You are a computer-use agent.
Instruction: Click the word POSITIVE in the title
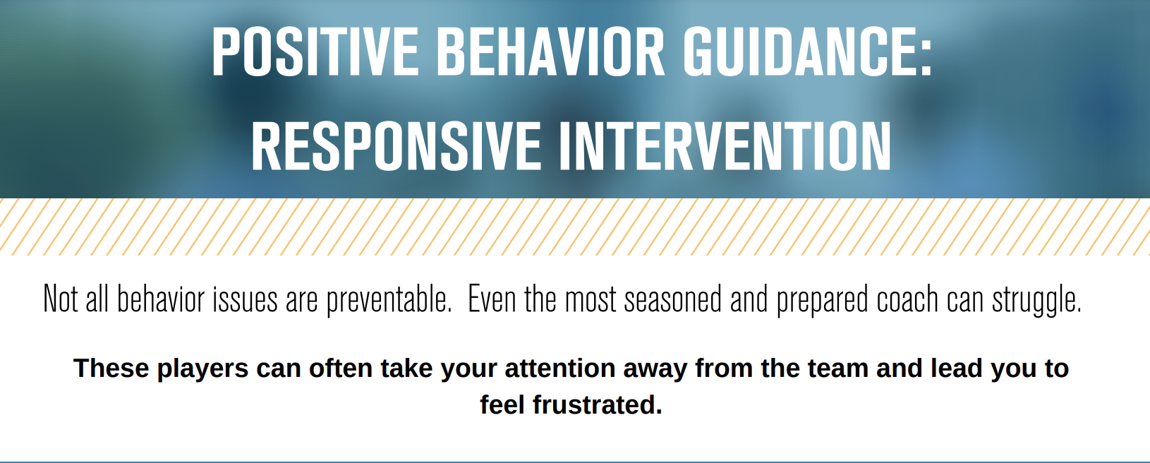click(315, 53)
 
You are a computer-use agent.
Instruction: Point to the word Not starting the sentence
click(60, 299)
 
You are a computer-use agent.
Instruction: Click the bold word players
click(202, 369)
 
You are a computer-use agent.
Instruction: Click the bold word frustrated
click(598, 406)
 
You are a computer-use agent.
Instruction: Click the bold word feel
click(502, 406)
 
